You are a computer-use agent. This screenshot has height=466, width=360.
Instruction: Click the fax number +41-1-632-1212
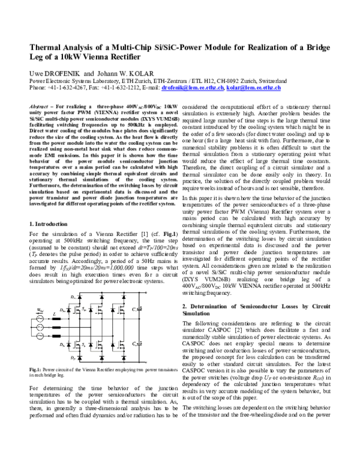pos(124,88)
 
